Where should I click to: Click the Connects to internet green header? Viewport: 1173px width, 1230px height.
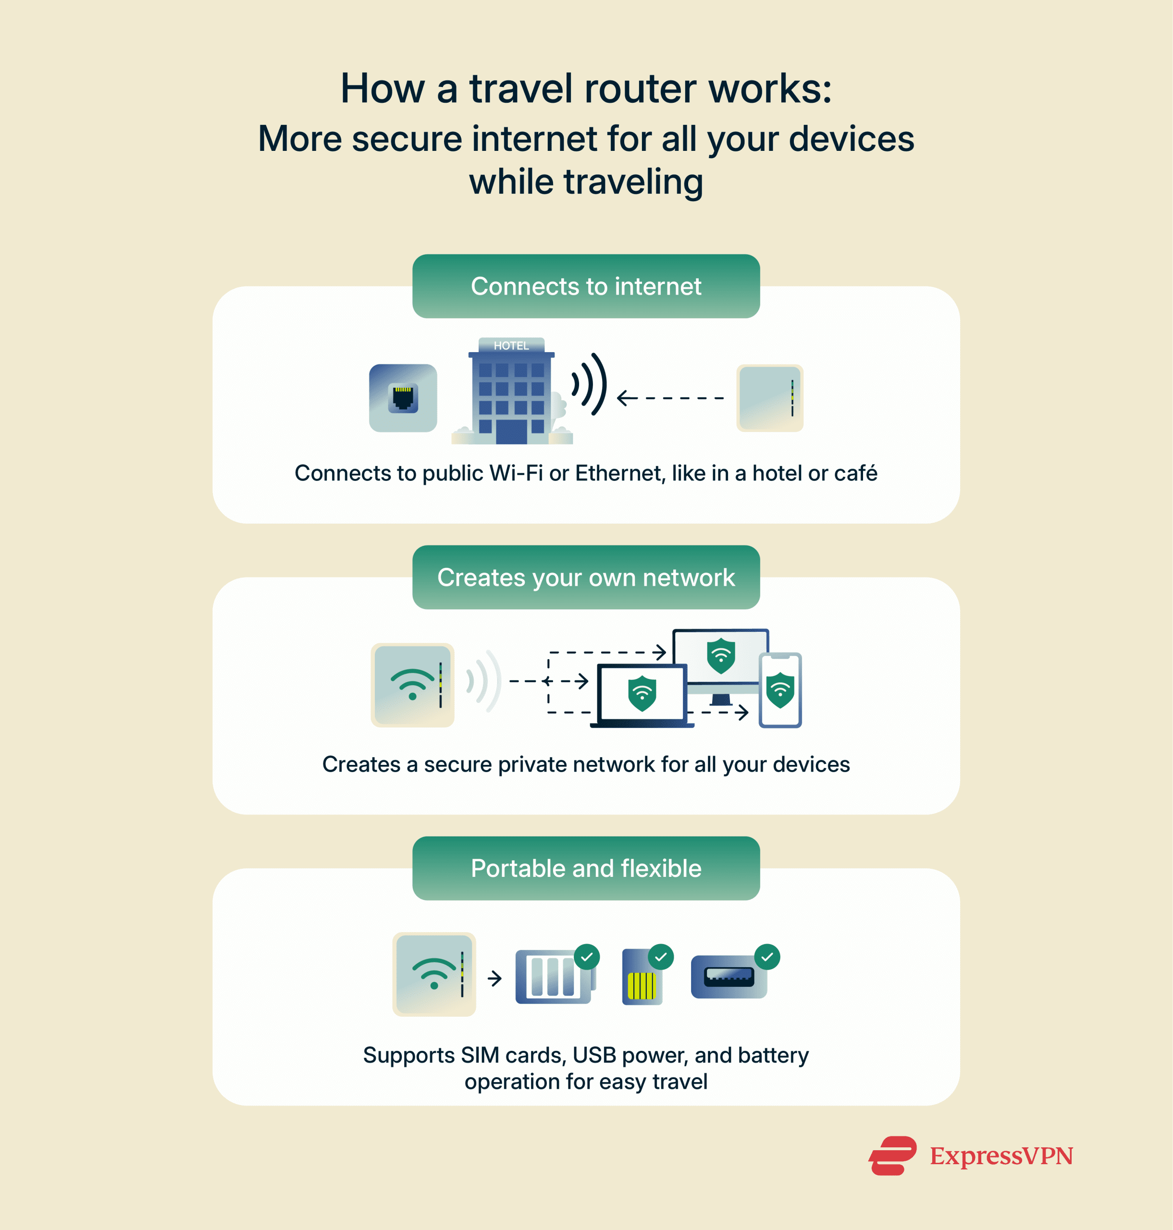(x=586, y=286)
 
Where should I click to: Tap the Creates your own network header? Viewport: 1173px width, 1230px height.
(x=586, y=577)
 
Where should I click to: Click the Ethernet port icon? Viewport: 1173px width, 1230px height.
(x=403, y=398)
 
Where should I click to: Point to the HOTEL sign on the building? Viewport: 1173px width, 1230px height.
(x=511, y=345)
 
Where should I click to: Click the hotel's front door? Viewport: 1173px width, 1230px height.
(x=511, y=431)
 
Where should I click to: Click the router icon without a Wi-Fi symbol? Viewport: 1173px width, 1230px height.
(x=770, y=398)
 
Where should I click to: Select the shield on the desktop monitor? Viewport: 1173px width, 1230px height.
(x=721, y=655)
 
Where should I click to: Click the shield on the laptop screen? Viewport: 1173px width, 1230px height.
(x=642, y=693)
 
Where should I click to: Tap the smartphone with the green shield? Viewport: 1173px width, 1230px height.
(x=780, y=690)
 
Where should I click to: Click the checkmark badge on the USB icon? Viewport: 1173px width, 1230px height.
(x=767, y=957)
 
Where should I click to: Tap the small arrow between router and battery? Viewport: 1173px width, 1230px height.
(x=494, y=978)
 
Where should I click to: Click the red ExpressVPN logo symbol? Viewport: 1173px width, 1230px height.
(x=892, y=1156)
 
